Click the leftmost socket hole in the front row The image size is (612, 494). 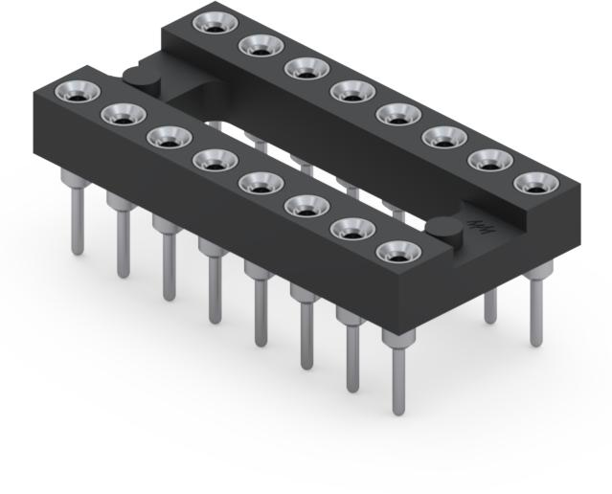[76, 92]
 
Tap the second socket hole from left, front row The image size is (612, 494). [122, 115]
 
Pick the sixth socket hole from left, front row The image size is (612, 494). [305, 204]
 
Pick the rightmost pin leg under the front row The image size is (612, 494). [397, 373]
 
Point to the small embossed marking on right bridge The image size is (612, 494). [474, 222]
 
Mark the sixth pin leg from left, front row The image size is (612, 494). [306, 330]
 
